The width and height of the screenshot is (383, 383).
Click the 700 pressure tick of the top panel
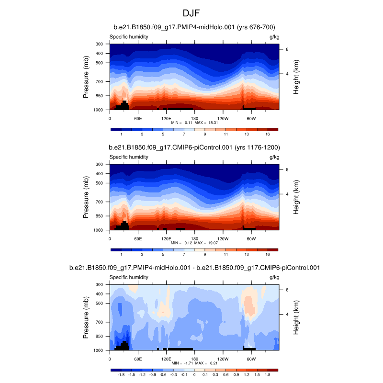100,82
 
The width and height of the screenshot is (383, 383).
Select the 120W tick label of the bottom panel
223,358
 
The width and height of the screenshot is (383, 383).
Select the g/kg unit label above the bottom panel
274,277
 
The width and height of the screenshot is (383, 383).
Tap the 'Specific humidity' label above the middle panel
128,157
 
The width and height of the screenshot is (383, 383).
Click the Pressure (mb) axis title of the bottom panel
86,317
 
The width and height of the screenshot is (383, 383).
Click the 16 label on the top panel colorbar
268,135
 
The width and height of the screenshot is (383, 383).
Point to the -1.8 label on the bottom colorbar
121,375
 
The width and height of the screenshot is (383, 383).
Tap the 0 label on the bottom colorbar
194,375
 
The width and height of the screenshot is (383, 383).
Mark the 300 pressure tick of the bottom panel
100,284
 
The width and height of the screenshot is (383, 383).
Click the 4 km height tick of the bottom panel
287,314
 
